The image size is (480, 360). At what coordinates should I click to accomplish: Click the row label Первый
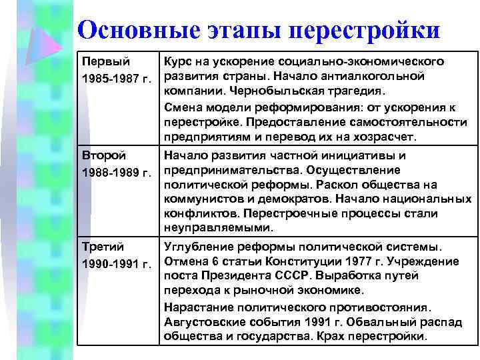point(104,61)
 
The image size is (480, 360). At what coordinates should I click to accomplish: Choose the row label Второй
point(103,155)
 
